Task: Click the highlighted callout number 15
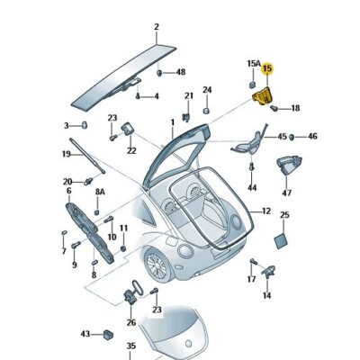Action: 266,68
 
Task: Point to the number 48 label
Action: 180,71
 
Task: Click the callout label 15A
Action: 254,64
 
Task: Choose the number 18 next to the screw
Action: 295,108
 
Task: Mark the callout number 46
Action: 311,137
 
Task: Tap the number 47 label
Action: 287,193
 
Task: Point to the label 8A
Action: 101,192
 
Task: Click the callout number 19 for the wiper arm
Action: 66,154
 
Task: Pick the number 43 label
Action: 85,334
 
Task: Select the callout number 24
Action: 206,90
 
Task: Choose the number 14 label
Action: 266,294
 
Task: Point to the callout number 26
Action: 130,323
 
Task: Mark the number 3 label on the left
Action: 66,125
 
